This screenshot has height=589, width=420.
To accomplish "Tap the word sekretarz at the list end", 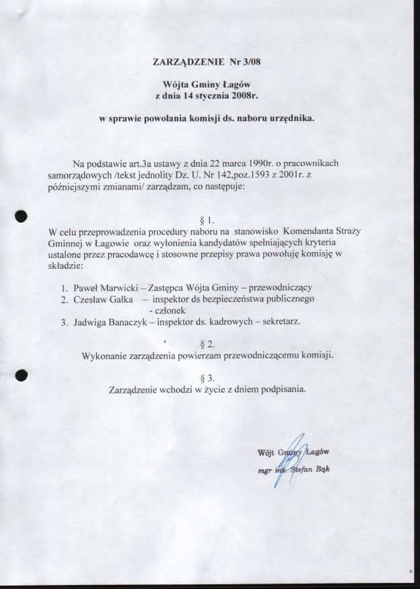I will pos(281,322).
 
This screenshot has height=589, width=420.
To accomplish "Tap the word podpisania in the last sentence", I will pos(284,389).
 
